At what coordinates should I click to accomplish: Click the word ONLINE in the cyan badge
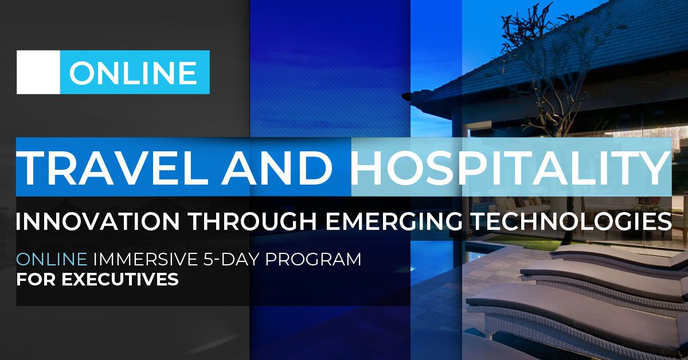132,72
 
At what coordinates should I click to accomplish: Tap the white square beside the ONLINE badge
38,72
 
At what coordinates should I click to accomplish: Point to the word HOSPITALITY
510,167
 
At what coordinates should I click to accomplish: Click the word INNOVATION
97,221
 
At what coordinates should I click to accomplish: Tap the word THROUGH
253,221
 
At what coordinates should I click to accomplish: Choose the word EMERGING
394,221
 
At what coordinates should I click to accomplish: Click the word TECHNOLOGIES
571,221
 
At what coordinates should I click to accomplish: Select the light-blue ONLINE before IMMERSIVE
52,259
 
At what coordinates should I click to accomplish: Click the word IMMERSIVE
145,259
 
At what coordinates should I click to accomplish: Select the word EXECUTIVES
120,279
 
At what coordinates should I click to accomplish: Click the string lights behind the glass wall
645,132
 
